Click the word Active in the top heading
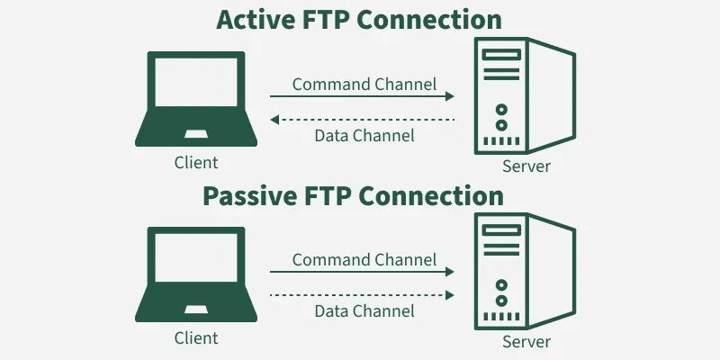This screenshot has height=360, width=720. [255, 21]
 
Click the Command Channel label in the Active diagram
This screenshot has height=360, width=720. [364, 85]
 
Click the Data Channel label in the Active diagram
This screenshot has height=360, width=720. [364, 136]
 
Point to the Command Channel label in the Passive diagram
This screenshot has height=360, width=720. [364, 260]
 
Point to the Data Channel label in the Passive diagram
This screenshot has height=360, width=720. [364, 310]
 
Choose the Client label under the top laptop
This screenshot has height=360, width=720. [196, 163]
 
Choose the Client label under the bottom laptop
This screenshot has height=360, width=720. [196, 337]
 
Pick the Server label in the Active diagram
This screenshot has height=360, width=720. [526, 166]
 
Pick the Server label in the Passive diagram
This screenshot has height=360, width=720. [526, 341]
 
